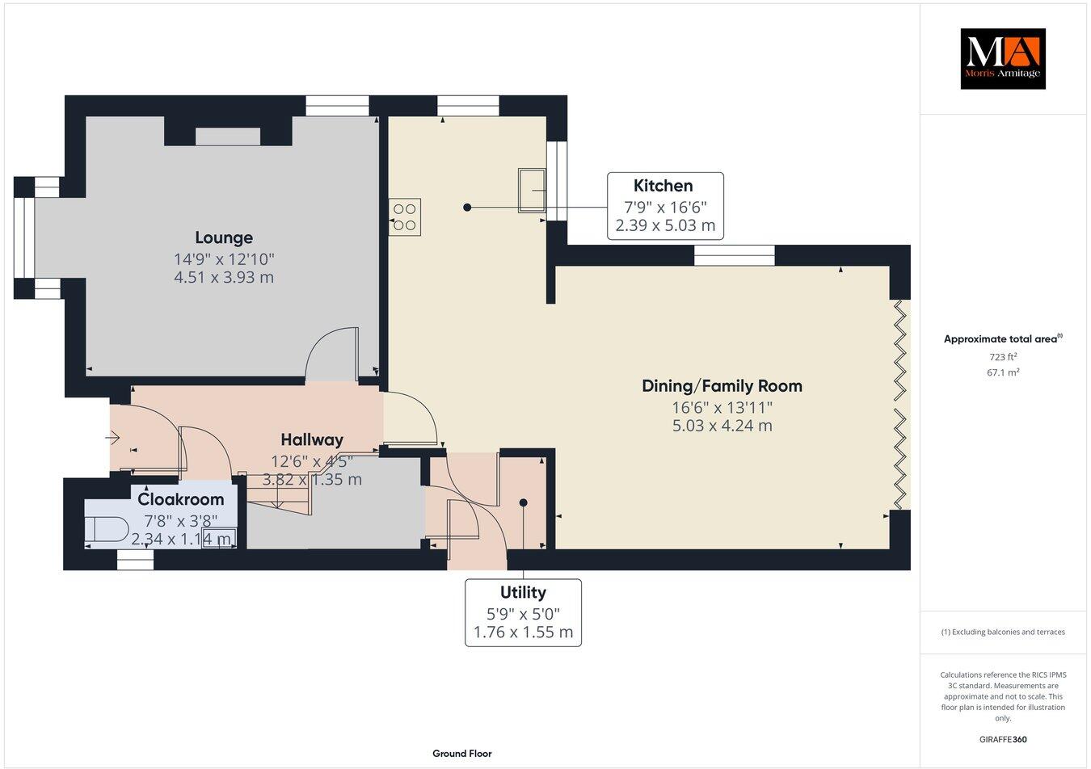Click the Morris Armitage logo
click(x=1002, y=58)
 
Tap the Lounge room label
click(x=224, y=237)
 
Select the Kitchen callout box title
click(x=663, y=186)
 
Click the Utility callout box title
click(x=523, y=592)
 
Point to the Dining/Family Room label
click(x=722, y=386)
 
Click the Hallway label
click(x=312, y=440)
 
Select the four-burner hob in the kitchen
click(x=405, y=216)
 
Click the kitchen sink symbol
click(x=531, y=190)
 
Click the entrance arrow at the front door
click(x=112, y=438)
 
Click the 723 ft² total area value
click(x=1003, y=356)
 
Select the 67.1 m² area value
click(x=1003, y=372)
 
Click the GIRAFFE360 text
click(x=1002, y=738)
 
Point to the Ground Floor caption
click(x=461, y=754)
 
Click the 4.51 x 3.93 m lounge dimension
click(x=224, y=277)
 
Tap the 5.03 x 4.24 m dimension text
click(x=722, y=425)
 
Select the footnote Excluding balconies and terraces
click(x=1002, y=632)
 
